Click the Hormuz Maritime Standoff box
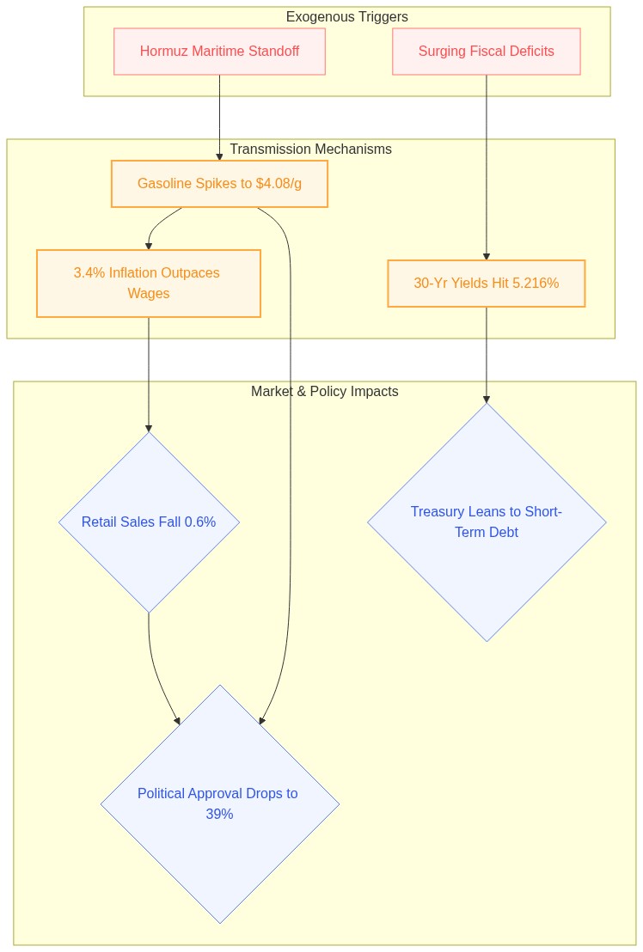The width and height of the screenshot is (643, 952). [x=219, y=52]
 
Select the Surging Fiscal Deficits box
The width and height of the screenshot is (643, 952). [x=487, y=52]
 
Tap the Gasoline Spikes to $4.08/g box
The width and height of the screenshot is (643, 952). [x=219, y=184]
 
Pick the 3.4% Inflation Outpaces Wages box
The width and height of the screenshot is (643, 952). [x=149, y=284]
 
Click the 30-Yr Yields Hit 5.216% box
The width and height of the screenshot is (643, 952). [x=487, y=284]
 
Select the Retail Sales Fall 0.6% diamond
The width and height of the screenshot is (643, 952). [x=149, y=522]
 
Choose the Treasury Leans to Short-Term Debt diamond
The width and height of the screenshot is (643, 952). [x=487, y=522]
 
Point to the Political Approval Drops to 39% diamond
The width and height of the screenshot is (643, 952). [x=220, y=804]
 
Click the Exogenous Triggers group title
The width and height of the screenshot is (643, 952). [x=346, y=17]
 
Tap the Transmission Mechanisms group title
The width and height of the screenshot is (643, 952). [x=311, y=150]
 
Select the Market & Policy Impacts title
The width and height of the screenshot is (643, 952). [x=325, y=392]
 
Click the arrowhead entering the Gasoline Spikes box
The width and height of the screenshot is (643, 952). [x=219, y=156]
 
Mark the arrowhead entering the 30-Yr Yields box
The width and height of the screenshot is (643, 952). [x=487, y=256]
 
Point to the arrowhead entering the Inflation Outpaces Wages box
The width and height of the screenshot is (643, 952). [x=149, y=246]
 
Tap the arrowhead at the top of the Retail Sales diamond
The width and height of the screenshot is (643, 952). [x=149, y=429]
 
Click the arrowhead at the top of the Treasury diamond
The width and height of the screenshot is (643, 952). [x=487, y=400]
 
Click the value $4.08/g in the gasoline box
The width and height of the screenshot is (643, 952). [x=279, y=183]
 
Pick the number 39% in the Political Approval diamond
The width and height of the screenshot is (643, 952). [x=219, y=815]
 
